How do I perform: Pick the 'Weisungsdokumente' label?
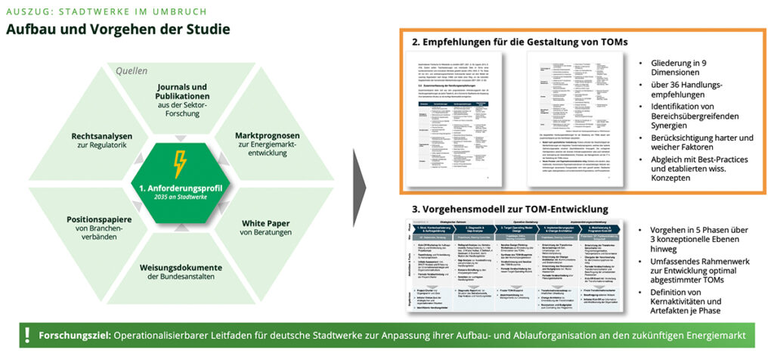[181, 267]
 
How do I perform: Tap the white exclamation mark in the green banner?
[26, 335]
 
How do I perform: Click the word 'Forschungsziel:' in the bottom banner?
[73, 335]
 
